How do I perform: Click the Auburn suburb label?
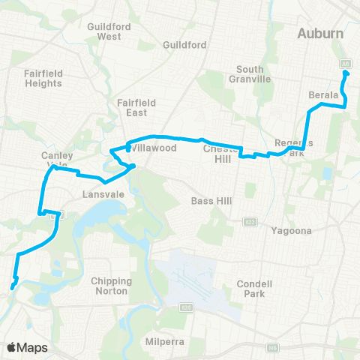coord(320,34)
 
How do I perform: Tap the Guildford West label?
coord(104,31)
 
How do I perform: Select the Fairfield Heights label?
coord(42,78)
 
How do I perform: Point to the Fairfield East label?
coord(135,107)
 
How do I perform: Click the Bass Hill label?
coord(209,201)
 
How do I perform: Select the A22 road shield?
coord(249,221)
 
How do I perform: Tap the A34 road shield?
coord(184,307)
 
